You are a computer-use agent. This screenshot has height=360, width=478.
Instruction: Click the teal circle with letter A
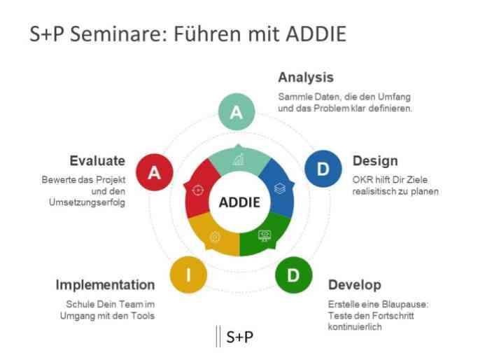click(237, 111)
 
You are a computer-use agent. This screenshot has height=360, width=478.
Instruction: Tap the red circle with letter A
click(155, 172)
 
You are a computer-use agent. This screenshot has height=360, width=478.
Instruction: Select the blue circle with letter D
click(323, 168)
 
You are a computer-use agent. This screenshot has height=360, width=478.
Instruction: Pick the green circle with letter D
click(293, 275)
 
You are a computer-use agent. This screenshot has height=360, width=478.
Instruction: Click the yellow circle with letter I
click(188, 275)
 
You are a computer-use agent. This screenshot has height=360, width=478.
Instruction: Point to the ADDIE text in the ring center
click(239, 202)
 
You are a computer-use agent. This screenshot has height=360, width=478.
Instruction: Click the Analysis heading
click(306, 78)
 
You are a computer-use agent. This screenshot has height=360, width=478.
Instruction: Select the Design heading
click(375, 161)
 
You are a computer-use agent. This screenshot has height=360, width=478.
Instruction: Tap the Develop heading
click(355, 285)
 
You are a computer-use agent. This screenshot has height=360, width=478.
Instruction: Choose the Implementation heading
click(105, 285)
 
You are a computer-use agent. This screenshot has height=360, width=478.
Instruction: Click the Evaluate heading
click(97, 161)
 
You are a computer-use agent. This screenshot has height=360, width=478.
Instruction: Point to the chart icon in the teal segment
click(239, 159)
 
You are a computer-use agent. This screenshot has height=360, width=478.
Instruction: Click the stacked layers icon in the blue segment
click(279, 188)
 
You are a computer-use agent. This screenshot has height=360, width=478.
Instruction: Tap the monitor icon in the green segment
click(265, 235)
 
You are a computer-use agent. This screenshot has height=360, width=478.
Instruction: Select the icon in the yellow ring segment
click(215, 237)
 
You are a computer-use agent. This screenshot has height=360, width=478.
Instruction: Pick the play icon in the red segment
click(198, 190)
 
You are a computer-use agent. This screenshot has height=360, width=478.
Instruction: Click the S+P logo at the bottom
click(234, 336)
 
